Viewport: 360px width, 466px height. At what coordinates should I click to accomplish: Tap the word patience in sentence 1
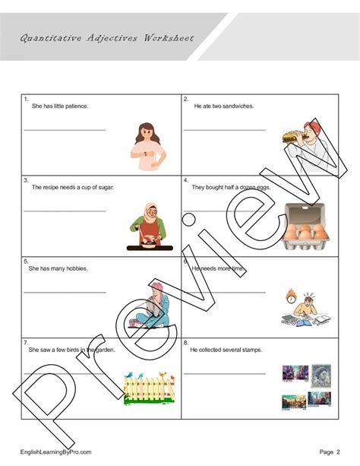76,106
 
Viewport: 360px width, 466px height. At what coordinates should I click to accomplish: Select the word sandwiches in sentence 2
237,106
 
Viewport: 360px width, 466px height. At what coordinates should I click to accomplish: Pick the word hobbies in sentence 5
75,268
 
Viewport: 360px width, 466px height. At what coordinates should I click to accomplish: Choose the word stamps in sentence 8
248,350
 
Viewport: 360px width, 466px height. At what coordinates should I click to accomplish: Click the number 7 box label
26,343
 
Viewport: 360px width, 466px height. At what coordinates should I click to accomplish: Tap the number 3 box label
26,180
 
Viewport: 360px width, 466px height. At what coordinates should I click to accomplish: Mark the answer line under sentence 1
65,130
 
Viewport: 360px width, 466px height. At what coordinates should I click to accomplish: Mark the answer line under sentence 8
225,374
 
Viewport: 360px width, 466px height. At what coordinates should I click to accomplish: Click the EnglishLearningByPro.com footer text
56,452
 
